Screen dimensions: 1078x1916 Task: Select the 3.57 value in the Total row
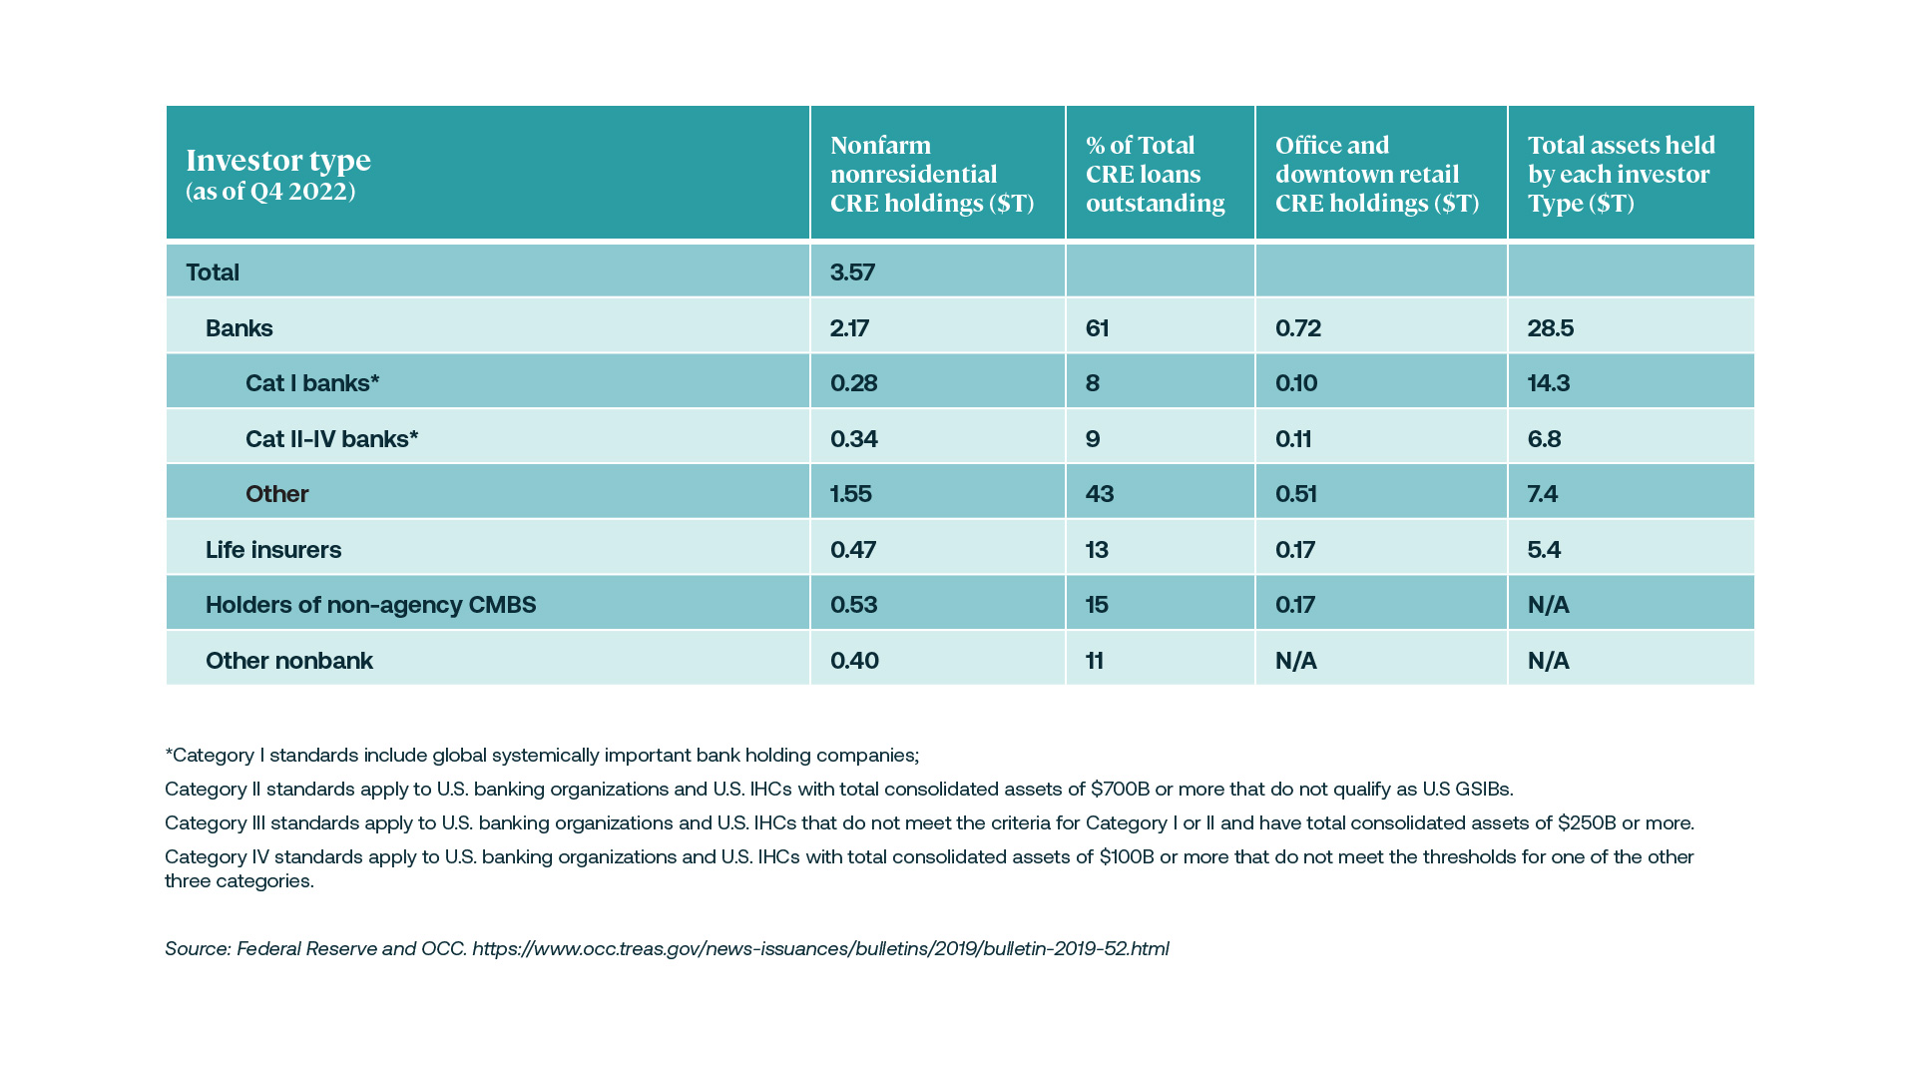tap(852, 272)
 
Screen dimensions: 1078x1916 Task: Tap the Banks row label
tap(239, 328)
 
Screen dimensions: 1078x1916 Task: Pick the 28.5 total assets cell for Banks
tap(1550, 328)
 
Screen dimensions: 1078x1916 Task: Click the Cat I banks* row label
tap(312, 383)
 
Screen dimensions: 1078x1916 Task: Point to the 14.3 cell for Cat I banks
tap(1548, 383)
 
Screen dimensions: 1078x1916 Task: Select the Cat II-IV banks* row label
tap(331, 439)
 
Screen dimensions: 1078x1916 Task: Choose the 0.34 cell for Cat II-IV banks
tap(853, 439)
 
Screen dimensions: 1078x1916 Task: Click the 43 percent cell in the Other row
tap(1099, 494)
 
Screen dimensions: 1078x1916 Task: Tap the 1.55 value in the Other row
tap(850, 494)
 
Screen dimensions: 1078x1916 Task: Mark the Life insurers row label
tap(272, 550)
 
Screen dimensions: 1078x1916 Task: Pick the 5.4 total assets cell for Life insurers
tap(1543, 550)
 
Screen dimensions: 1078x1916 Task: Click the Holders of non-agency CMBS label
tap(370, 605)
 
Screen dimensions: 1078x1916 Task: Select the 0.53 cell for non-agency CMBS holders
tap(853, 605)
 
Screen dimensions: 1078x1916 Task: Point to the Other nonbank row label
tap(288, 661)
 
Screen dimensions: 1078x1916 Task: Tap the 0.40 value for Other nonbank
tap(854, 661)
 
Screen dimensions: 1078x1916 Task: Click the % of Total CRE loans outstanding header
tap(1155, 174)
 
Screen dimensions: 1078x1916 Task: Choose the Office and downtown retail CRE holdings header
tap(1376, 174)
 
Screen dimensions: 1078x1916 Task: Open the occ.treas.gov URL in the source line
tap(820, 949)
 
